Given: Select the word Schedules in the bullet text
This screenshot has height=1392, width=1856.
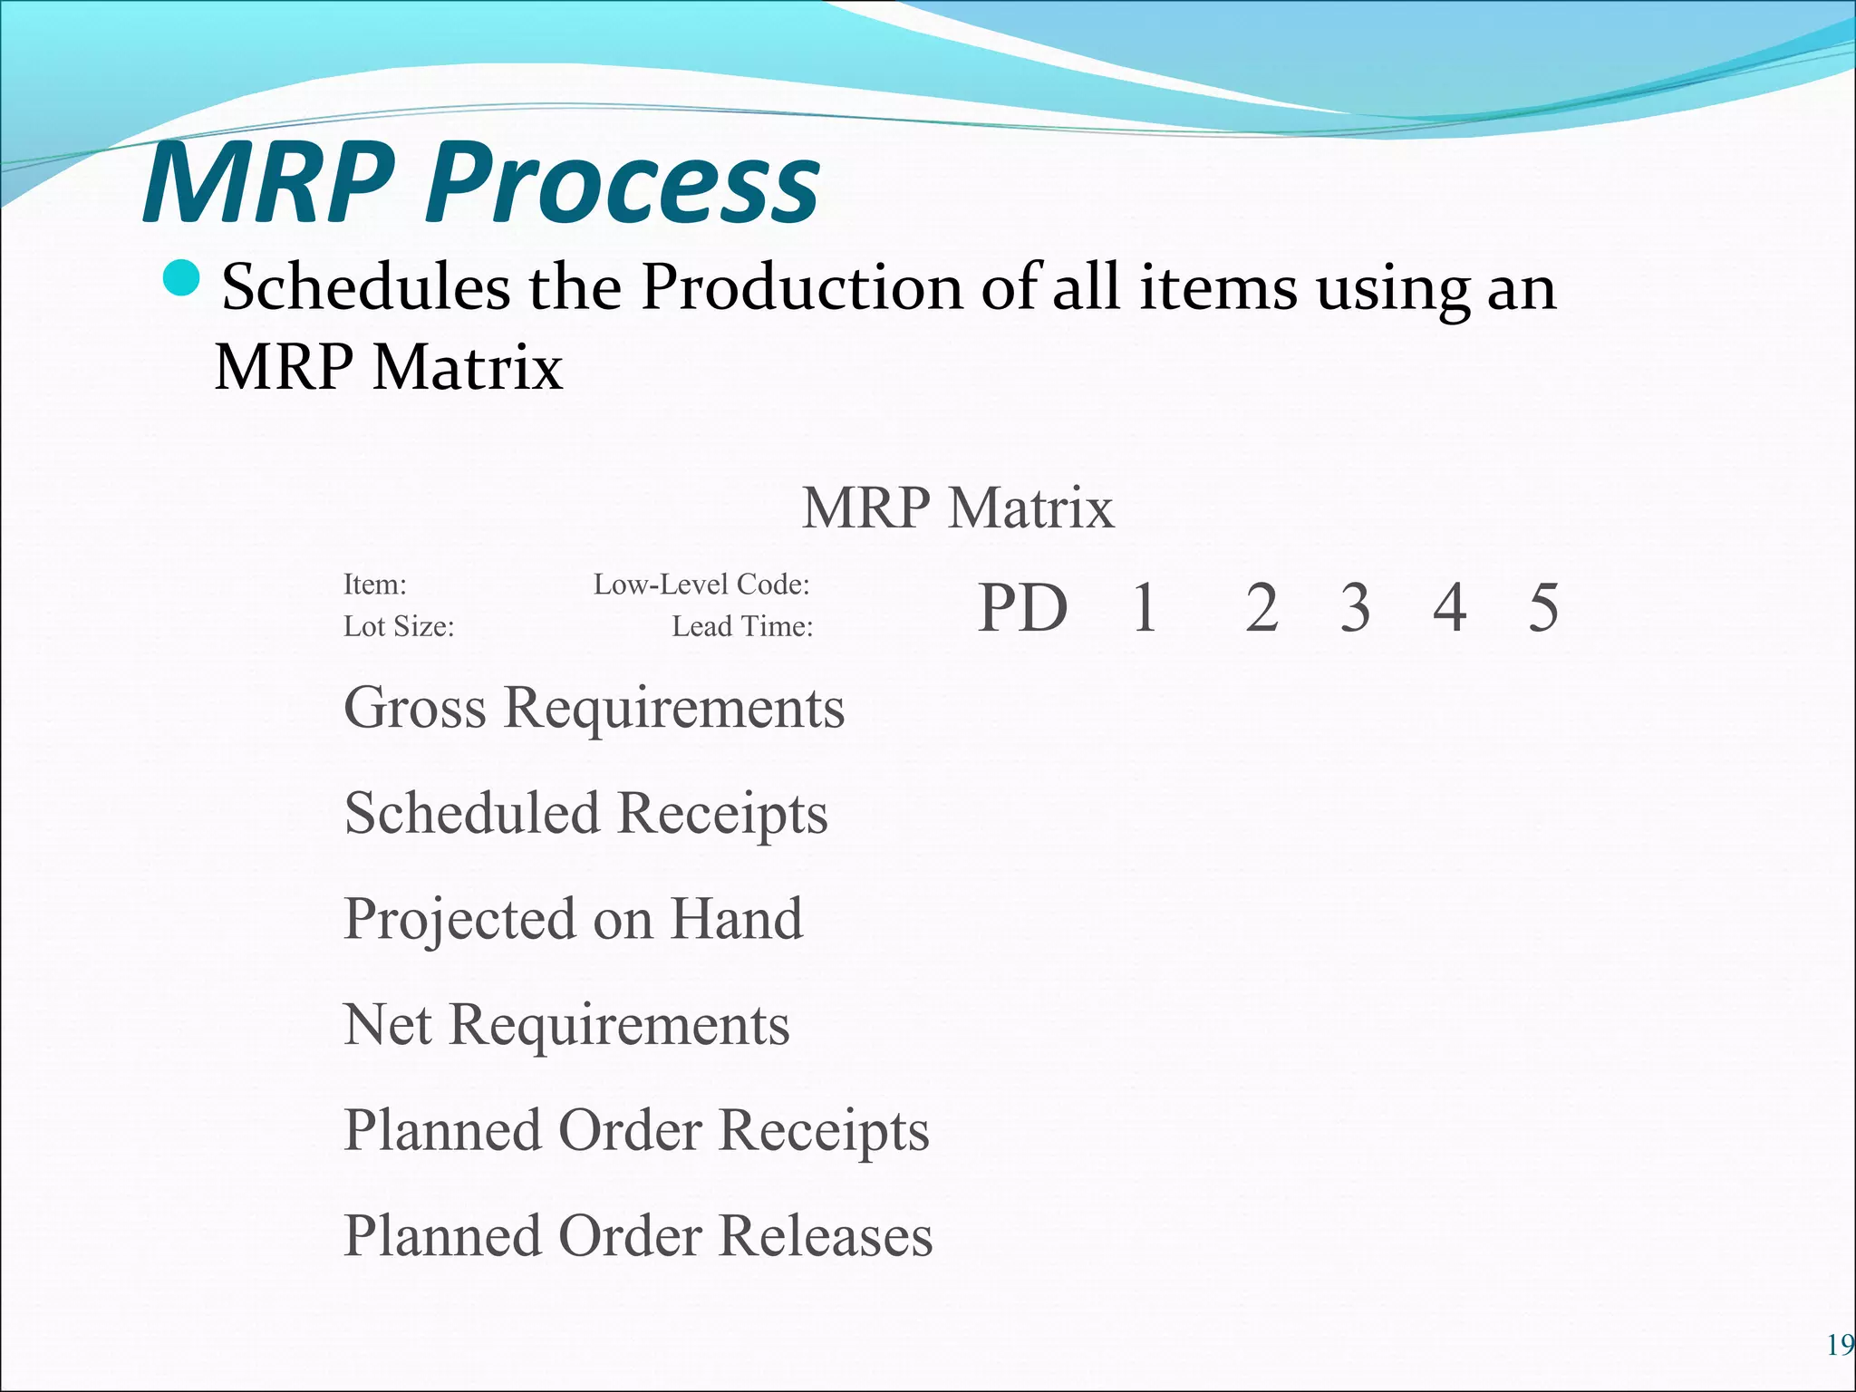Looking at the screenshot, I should tap(366, 287).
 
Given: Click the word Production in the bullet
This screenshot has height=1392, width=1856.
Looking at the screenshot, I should tap(801, 287).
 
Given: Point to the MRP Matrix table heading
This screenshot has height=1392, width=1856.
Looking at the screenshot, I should tap(957, 507).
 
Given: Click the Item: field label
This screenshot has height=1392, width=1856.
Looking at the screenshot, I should tap(375, 585).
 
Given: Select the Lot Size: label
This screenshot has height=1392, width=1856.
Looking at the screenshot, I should tap(399, 626).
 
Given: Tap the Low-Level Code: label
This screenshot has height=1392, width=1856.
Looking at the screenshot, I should tap(701, 585).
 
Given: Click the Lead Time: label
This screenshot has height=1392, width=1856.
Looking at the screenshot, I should tap(742, 626).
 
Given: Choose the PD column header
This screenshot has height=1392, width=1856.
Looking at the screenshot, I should tap(1023, 607).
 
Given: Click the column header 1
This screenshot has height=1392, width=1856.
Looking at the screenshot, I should tap(1145, 607).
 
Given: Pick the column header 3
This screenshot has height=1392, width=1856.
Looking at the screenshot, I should tap(1355, 607).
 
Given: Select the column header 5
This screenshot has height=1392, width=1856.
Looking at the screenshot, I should tap(1543, 607).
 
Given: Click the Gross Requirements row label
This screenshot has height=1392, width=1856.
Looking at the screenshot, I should tap(594, 708).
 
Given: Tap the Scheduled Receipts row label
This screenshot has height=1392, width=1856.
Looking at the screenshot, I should tap(585, 813).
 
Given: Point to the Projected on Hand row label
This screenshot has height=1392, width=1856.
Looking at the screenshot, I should tap(573, 919).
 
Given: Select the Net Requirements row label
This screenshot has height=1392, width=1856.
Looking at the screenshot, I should tap(566, 1025).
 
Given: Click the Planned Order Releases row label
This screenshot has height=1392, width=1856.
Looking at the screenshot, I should tap(638, 1235).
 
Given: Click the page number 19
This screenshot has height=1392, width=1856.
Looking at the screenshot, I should tap(1840, 1346).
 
